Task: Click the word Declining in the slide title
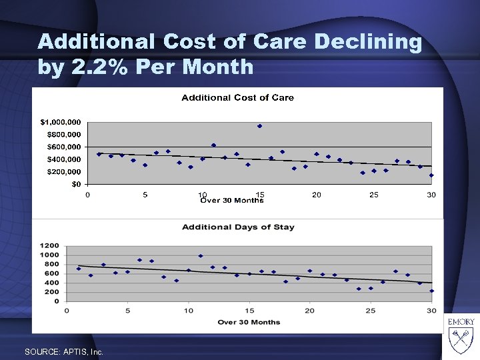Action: coord(367,43)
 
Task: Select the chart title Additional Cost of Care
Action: coord(238,97)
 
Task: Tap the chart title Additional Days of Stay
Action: coord(238,227)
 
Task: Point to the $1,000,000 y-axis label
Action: coord(61,122)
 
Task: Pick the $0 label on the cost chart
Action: coord(77,184)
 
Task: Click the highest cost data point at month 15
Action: coord(260,126)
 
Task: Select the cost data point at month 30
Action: coord(431,175)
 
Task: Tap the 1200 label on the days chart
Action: coord(50,245)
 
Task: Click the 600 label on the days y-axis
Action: coord(53,273)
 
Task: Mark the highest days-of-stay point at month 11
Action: coord(201,256)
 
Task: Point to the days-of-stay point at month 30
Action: coord(431,291)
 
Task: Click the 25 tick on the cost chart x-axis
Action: coord(374,195)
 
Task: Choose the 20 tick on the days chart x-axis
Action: coord(310,310)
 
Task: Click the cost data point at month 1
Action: coord(99,154)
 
